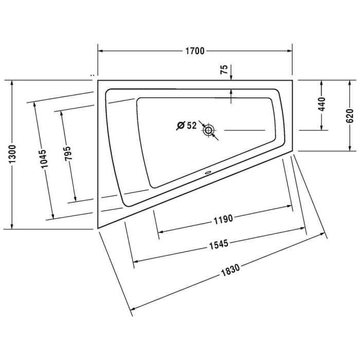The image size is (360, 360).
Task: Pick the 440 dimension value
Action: pos(322,104)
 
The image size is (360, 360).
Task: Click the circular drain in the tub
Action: pos(209,130)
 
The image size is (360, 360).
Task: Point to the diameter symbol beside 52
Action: pos(180,125)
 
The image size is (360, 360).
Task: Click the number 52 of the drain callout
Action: pos(192,125)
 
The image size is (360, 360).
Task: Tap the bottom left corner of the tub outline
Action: pos(97,228)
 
